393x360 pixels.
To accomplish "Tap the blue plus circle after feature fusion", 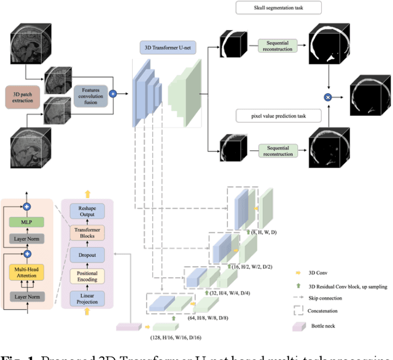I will (x=112, y=94).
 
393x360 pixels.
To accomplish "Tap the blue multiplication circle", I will (x=328, y=97).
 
